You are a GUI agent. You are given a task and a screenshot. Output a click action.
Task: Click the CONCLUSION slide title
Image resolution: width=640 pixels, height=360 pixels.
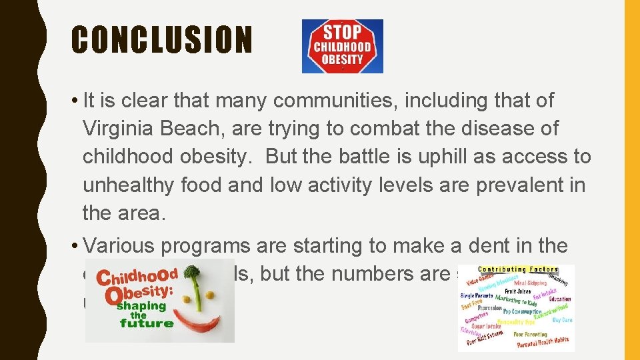(x=162, y=40)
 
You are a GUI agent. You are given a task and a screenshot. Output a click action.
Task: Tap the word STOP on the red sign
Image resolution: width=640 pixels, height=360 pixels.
(x=343, y=32)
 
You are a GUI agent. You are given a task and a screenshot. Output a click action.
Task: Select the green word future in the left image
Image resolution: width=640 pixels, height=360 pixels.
(x=147, y=324)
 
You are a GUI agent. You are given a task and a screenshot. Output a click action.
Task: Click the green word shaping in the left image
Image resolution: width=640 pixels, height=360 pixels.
(x=142, y=306)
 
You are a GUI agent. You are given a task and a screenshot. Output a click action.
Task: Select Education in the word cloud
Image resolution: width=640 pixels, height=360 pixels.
(x=560, y=299)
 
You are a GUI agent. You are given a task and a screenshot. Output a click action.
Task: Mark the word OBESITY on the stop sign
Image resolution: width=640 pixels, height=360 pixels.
(x=343, y=59)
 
